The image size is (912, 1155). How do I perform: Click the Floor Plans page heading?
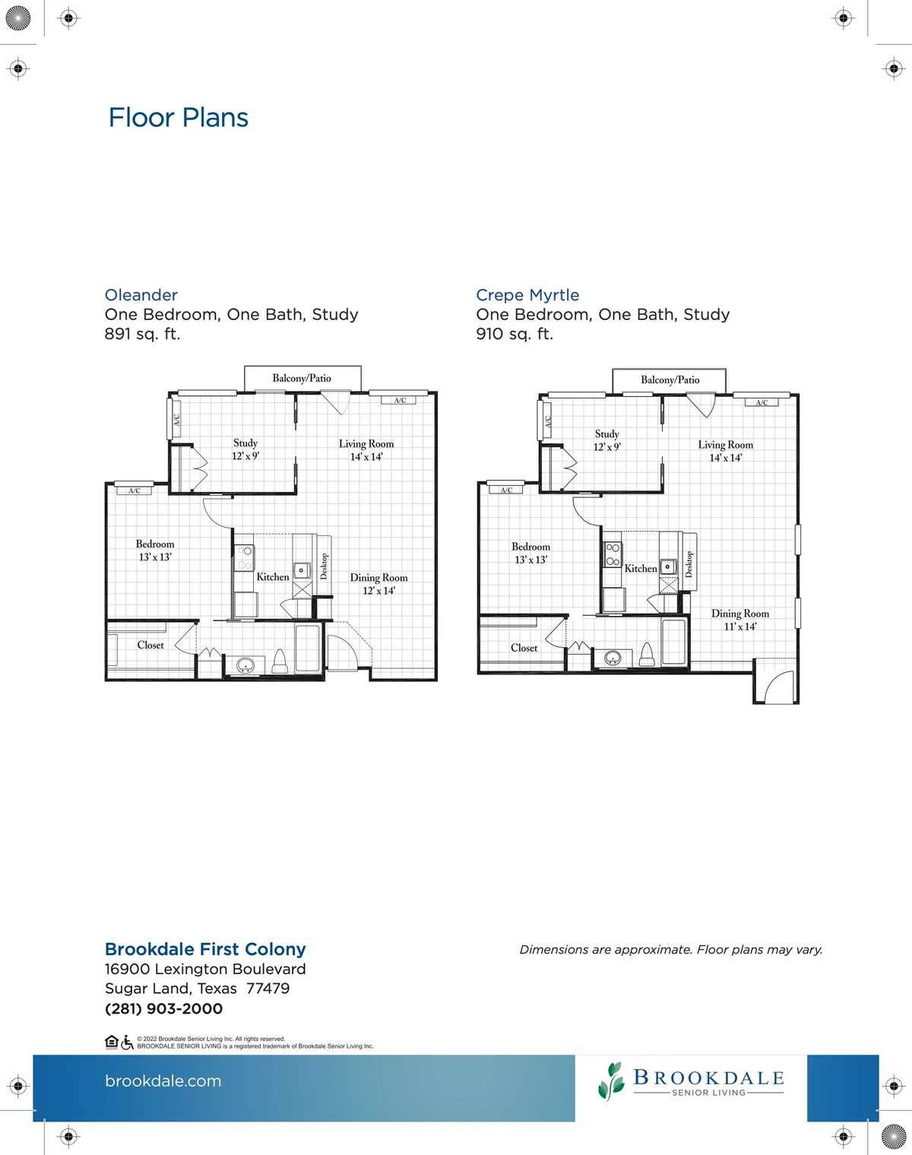[x=178, y=118]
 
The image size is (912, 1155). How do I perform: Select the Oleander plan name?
[x=141, y=295]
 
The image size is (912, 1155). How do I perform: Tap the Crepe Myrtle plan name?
[x=527, y=295]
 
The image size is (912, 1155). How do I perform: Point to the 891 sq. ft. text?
[x=142, y=334]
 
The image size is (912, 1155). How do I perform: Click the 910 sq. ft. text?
[x=515, y=334]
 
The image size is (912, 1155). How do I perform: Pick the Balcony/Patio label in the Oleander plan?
[x=302, y=378]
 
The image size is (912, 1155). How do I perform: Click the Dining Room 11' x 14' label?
[x=739, y=620]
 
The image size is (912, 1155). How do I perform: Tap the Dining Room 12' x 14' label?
[x=378, y=584]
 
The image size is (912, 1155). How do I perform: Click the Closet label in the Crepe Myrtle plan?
[x=524, y=648]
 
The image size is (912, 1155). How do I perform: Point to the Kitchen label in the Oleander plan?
[x=272, y=577]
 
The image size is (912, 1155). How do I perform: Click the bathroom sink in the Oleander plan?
[x=245, y=666]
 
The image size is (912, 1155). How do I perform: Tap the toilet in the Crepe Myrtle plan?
[x=647, y=655]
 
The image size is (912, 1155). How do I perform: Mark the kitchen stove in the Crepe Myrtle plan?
[x=613, y=554]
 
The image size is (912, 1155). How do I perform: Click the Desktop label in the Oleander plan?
[x=324, y=566]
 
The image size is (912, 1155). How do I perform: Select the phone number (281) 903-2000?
[x=163, y=1009]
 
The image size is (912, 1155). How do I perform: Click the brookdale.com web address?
[x=163, y=1081]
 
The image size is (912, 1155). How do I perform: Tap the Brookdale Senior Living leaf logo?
[x=610, y=1081]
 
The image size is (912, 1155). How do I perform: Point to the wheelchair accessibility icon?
[x=127, y=1042]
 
